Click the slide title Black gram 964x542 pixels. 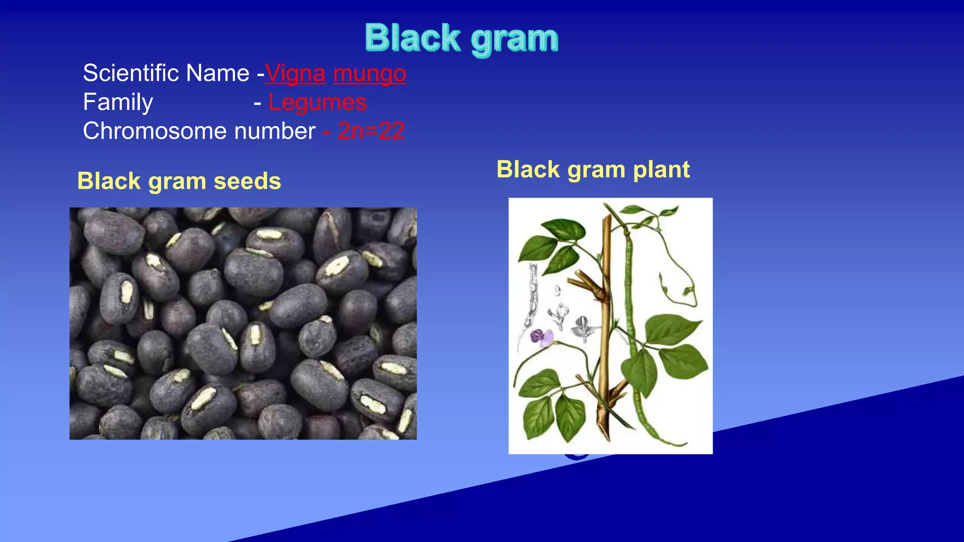(x=461, y=39)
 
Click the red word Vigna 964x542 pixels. (x=295, y=74)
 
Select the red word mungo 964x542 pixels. (x=370, y=74)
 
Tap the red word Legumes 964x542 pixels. (x=317, y=102)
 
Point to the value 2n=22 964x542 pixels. (x=371, y=131)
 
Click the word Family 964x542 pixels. (x=118, y=102)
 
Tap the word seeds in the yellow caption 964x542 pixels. (x=247, y=181)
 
